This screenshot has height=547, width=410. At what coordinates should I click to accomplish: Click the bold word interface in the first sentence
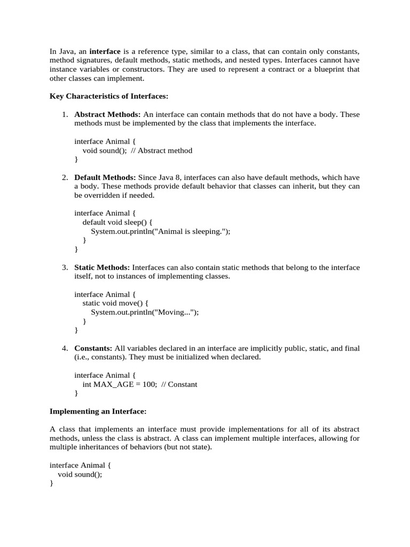pos(105,51)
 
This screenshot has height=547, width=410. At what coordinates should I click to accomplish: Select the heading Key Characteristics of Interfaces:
pos(109,96)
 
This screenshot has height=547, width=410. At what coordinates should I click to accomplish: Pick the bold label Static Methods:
pos(102,267)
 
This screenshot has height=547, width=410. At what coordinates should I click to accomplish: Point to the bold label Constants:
pos(93,348)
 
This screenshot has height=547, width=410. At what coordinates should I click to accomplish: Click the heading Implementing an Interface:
pos(98,411)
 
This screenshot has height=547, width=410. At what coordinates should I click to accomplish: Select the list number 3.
pos(65,267)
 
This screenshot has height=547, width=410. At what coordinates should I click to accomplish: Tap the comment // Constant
pos(179,384)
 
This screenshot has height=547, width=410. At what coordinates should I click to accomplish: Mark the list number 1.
pos(65,114)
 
